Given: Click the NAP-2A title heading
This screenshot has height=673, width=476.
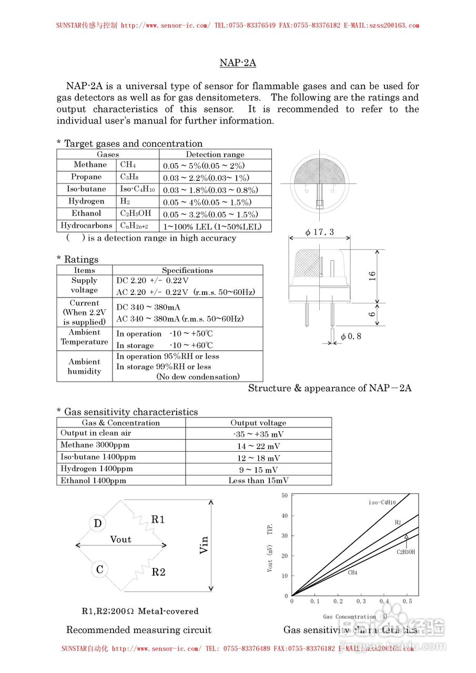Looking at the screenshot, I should click(x=238, y=63).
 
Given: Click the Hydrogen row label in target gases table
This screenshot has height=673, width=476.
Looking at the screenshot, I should click(x=86, y=201).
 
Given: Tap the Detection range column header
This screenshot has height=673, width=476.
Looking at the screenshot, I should click(x=215, y=155).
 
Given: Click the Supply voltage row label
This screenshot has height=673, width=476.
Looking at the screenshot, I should click(x=84, y=285).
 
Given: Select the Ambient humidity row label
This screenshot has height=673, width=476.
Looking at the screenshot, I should click(x=84, y=366).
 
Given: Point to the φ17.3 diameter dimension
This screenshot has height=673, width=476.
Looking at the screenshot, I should click(x=319, y=232).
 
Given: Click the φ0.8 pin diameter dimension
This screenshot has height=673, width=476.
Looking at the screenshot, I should click(x=351, y=336).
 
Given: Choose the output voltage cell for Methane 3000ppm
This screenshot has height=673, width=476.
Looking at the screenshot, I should click(x=258, y=446).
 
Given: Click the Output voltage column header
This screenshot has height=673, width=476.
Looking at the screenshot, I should click(x=258, y=423).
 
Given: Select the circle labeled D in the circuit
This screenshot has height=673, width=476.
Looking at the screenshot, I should click(x=98, y=524).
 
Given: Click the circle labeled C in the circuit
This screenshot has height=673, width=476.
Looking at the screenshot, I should click(x=99, y=569).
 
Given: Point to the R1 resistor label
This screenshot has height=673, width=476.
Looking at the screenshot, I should click(x=158, y=520).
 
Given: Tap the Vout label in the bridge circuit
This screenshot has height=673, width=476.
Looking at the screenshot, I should click(x=121, y=539).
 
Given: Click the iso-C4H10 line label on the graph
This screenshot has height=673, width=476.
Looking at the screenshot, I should click(x=382, y=503).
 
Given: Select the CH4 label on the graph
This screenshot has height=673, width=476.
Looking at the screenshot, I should click(x=352, y=573).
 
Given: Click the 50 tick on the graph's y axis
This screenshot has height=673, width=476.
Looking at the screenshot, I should click(x=285, y=495).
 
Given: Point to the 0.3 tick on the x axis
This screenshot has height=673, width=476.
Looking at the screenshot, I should click(x=361, y=601).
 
